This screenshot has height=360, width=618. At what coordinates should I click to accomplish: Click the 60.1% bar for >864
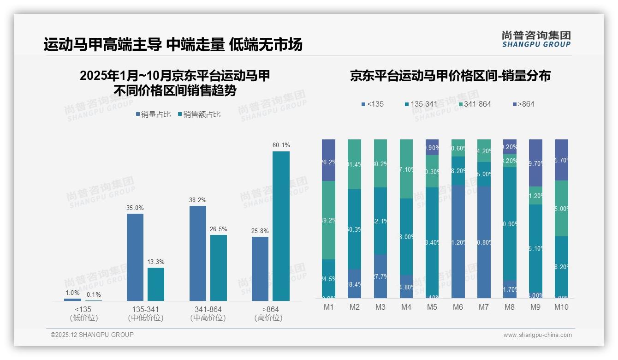click(281, 226)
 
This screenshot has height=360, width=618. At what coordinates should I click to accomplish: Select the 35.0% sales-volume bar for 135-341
click(135, 257)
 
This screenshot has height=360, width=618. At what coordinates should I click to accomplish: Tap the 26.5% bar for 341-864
click(219, 268)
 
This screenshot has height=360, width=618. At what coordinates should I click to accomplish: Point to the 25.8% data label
click(260, 231)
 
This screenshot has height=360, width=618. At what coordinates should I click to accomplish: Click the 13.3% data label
click(156, 262)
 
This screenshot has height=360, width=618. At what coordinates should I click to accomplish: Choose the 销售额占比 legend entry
click(199, 114)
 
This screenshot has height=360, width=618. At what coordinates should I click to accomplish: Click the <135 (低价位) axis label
click(83, 313)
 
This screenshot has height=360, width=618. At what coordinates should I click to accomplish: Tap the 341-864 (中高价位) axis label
click(208, 313)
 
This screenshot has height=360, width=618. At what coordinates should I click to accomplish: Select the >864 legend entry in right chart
click(523, 104)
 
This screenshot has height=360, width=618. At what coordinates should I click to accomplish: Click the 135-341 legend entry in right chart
click(421, 104)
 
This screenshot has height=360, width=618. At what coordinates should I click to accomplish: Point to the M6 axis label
click(458, 307)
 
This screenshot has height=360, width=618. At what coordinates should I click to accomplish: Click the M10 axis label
click(561, 307)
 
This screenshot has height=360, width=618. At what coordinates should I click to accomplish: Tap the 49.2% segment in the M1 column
click(329, 220)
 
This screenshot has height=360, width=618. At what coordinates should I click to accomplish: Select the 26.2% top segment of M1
click(329, 160)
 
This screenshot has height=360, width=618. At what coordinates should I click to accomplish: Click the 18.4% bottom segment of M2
click(354, 284)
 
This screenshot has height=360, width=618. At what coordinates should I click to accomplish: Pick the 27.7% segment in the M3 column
click(380, 276)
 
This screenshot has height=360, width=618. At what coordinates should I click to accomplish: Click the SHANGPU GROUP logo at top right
click(536, 39)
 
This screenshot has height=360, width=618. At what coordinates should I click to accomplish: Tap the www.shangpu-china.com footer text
click(537, 335)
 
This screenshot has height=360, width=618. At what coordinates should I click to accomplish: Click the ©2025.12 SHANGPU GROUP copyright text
click(92, 335)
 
